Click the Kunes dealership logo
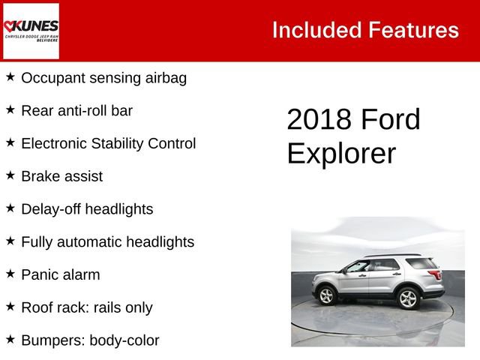[31, 31]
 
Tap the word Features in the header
[413, 30]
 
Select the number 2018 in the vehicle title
[319, 120]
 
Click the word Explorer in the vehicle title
[341, 153]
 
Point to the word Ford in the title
[390, 120]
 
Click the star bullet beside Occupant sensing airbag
[10, 76]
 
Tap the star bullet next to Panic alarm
[10, 274]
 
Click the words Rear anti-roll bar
[76, 110]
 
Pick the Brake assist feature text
[61, 176]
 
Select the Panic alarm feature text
[60, 274]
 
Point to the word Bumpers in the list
[52, 340]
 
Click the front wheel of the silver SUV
[327, 296]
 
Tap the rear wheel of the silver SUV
[407, 298]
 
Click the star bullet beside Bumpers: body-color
[10, 339]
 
